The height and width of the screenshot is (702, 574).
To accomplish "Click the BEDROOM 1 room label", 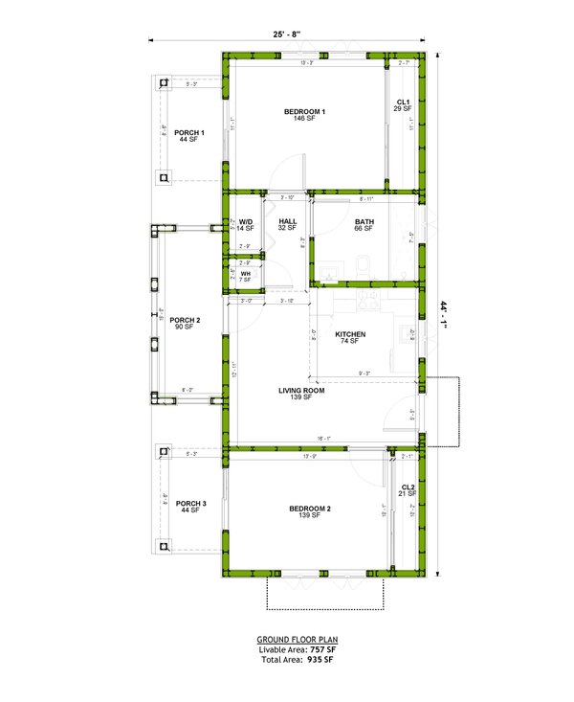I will (304, 112).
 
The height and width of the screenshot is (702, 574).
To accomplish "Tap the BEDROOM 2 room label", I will (309, 509).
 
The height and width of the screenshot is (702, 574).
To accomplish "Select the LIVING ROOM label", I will (302, 391).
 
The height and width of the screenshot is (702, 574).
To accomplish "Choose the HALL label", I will (288, 221).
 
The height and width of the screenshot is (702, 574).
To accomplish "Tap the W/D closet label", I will (246, 221).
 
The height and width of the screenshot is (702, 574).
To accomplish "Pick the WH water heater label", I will (246, 273).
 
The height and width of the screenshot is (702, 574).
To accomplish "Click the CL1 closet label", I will (403, 102).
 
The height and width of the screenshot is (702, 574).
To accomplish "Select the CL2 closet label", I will (408, 487).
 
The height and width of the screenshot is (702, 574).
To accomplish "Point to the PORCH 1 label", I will (188, 132).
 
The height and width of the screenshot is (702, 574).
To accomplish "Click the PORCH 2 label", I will (185, 320).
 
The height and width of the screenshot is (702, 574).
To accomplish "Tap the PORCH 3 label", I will (190, 503).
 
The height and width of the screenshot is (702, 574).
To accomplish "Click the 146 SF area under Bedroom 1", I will (304, 120).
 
